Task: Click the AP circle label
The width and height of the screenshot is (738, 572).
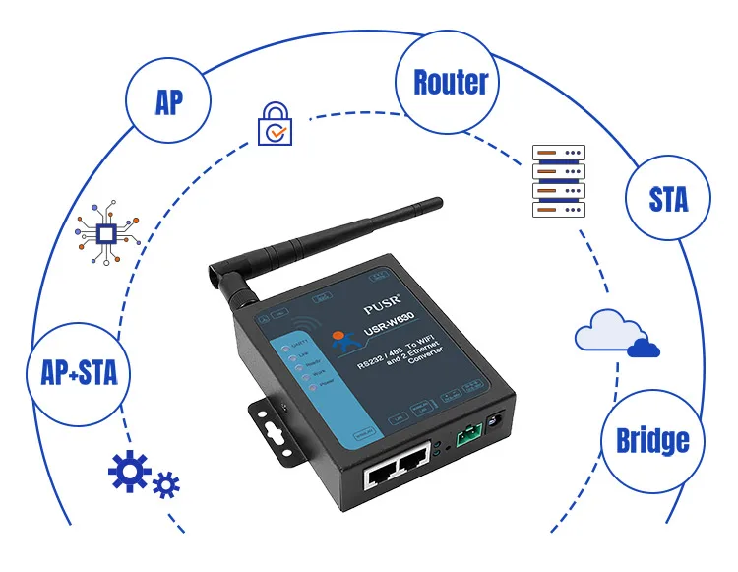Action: pos(168,102)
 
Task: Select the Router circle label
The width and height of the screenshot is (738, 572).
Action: pos(450,82)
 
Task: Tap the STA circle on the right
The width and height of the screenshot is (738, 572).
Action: pos(668,199)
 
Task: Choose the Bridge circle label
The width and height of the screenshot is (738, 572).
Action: pos(651,440)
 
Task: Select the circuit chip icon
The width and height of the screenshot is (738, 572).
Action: pos(105,233)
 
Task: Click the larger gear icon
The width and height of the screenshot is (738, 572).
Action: pos(129,474)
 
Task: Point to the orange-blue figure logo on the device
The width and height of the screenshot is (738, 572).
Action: pos(341,341)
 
